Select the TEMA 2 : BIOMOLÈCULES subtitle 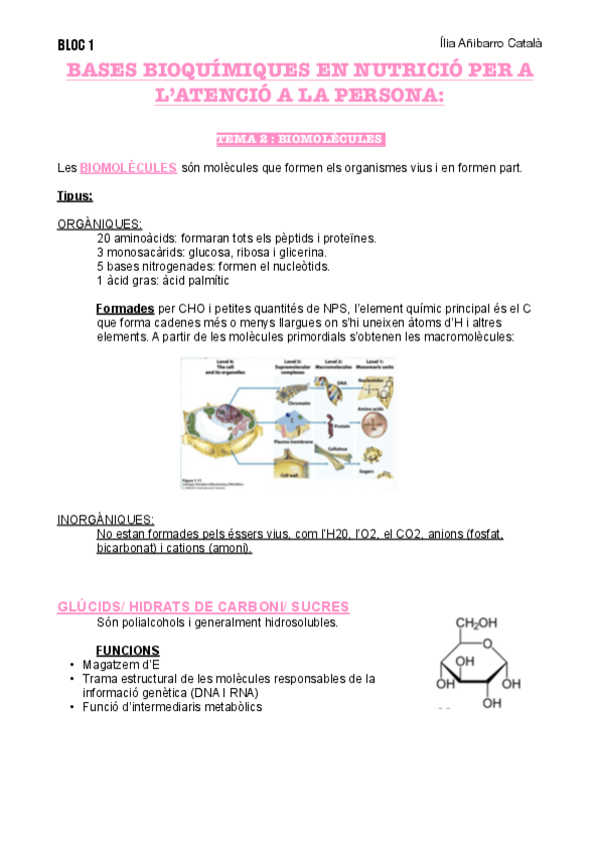click(x=300, y=139)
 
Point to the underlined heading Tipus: click(x=75, y=197)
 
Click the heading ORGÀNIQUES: click(x=100, y=224)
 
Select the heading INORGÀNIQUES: click(x=106, y=519)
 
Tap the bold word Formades click(x=125, y=309)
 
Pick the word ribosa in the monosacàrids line click(x=265, y=253)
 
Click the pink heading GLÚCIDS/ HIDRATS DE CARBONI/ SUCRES click(x=203, y=607)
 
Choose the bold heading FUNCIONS click(x=127, y=650)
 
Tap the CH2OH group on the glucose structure click(x=478, y=624)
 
